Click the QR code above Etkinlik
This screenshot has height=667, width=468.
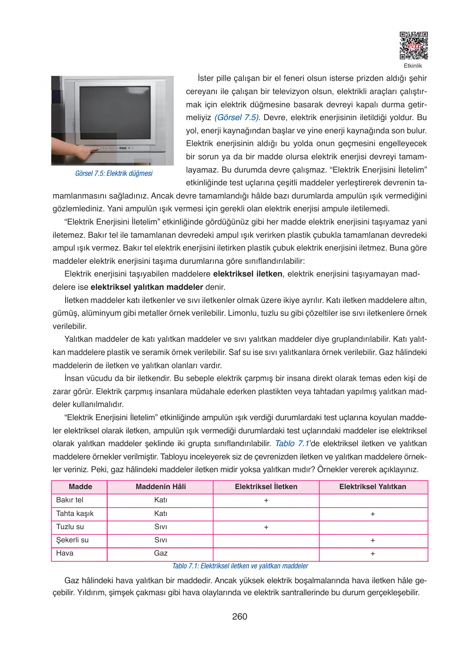(x=414, y=45)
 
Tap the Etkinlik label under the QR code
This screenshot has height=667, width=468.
(x=413, y=66)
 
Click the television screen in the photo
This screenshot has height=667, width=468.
(x=115, y=112)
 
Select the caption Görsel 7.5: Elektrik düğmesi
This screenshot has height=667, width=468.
(x=113, y=173)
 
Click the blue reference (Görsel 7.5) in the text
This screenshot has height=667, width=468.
(x=237, y=118)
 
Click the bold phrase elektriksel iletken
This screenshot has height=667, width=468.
(x=248, y=274)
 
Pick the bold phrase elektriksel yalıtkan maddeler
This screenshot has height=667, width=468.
(x=147, y=287)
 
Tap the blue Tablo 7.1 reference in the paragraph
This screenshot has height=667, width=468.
(x=292, y=444)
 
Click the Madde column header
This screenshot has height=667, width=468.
(x=80, y=487)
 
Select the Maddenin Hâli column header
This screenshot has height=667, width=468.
(x=161, y=487)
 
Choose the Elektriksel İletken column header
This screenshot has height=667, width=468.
(x=266, y=487)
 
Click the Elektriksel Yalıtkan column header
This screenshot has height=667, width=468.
(x=372, y=487)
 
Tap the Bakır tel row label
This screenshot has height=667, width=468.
(x=70, y=500)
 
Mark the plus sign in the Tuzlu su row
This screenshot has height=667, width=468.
(x=266, y=527)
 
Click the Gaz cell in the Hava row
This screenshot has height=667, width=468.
(x=161, y=553)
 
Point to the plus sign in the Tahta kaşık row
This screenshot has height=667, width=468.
(x=373, y=514)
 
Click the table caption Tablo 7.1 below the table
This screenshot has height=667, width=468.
(x=240, y=566)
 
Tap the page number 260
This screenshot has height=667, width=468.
(x=239, y=617)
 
